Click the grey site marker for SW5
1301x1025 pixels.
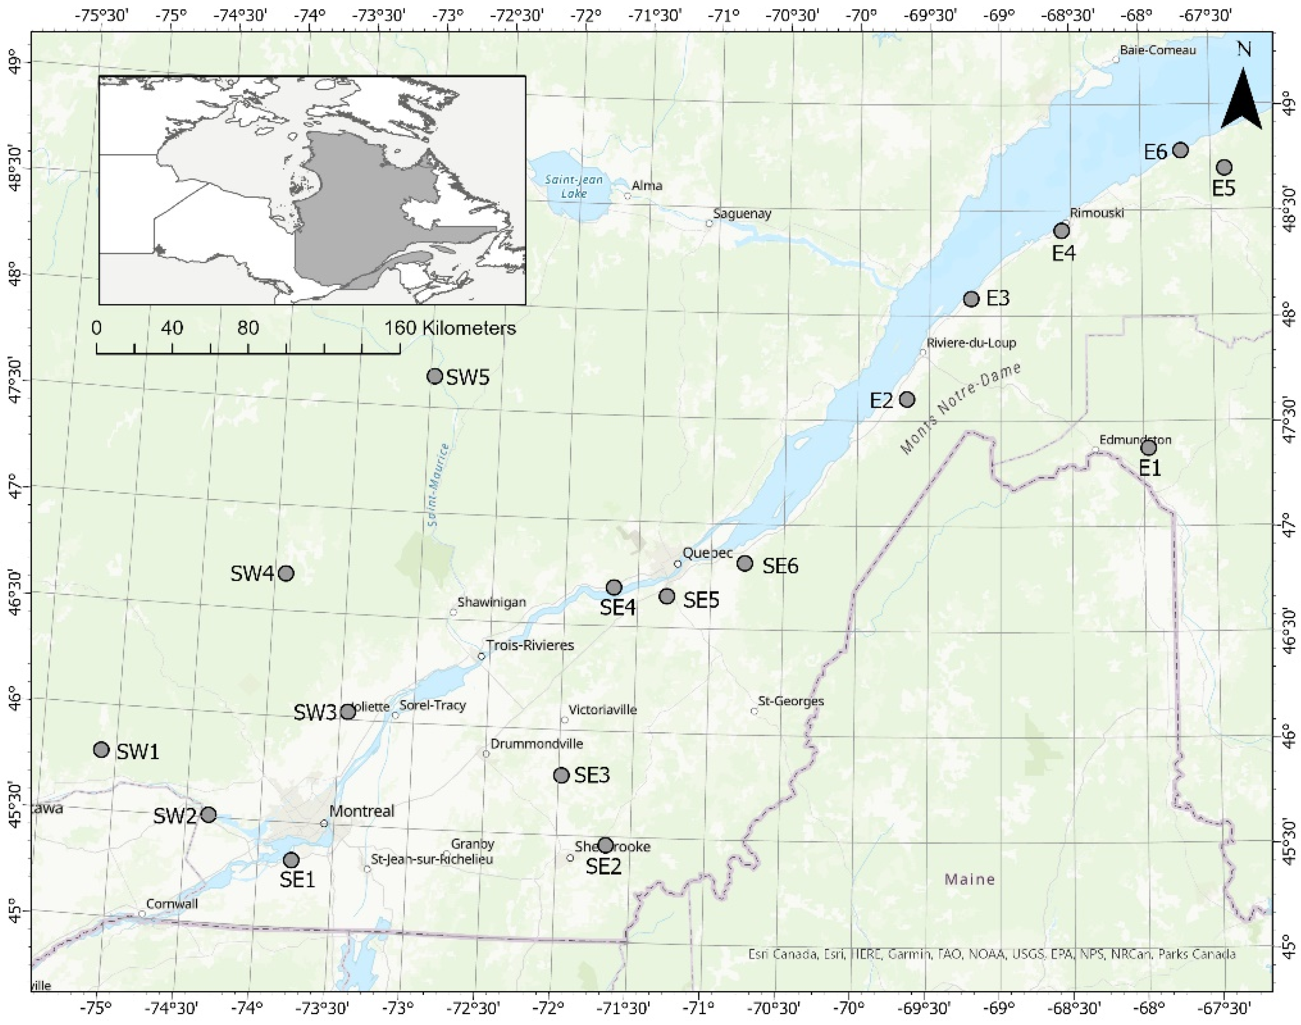point(435,376)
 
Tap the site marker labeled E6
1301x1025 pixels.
point(1180,150)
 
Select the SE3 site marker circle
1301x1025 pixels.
point(561,775)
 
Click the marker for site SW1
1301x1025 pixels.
point(102,749)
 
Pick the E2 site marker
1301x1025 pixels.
point(907,399)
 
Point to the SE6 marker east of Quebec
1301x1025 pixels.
point(745,563)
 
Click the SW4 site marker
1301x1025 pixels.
point(286,573)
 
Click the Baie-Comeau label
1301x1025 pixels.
point(1158,50)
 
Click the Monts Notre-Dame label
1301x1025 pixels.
point(960,409)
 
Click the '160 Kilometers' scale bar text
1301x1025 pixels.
point(450,328)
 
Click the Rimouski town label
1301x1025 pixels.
point(1097,213)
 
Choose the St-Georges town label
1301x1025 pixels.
point(791,701)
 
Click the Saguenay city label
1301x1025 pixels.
point(742,213)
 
